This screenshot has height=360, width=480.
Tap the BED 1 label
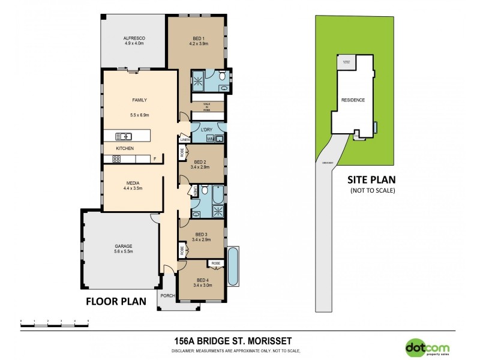(x=197, y=38)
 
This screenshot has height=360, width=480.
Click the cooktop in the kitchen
(x=116, y=159)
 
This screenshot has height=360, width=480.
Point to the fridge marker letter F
(x=155, y=159)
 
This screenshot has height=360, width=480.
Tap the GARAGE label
(x=124, y=246)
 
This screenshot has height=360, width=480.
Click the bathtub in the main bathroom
(x=218, y=195)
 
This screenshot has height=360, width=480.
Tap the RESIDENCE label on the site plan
(x=352, y=100)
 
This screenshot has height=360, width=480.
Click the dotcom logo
(x=426, y=346)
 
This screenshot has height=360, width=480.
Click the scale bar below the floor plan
(x=54, y=322)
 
